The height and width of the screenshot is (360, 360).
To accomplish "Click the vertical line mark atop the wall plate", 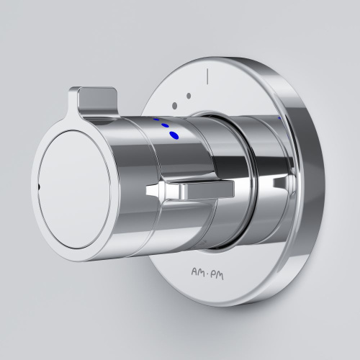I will coord(206,73).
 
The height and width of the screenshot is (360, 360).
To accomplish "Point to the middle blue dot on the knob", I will coord(166,126).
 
